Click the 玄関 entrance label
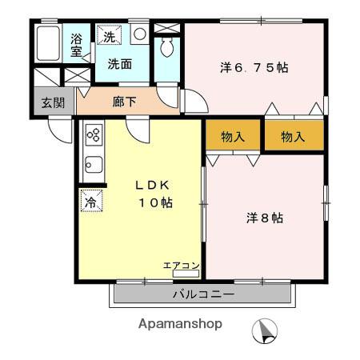(x=54, y=103)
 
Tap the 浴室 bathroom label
(x=78, y=46)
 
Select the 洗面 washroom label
(x=120, y=65)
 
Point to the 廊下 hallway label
(x=125, y=102)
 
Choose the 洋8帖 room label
(x=265, y=217)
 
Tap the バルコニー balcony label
(x=203, y=294)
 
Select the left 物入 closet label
(x=233, y=136)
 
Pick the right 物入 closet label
(x=293, y=136)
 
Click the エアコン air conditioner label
(x=182, y=265)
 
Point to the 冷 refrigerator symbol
(x=90, y=201)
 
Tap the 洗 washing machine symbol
(x=107, y=36)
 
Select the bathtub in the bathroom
(x=49, y=46)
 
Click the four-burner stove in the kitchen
(x=92, y=135)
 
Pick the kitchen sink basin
(x=92, y=167)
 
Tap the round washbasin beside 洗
(x=138, y=34)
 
